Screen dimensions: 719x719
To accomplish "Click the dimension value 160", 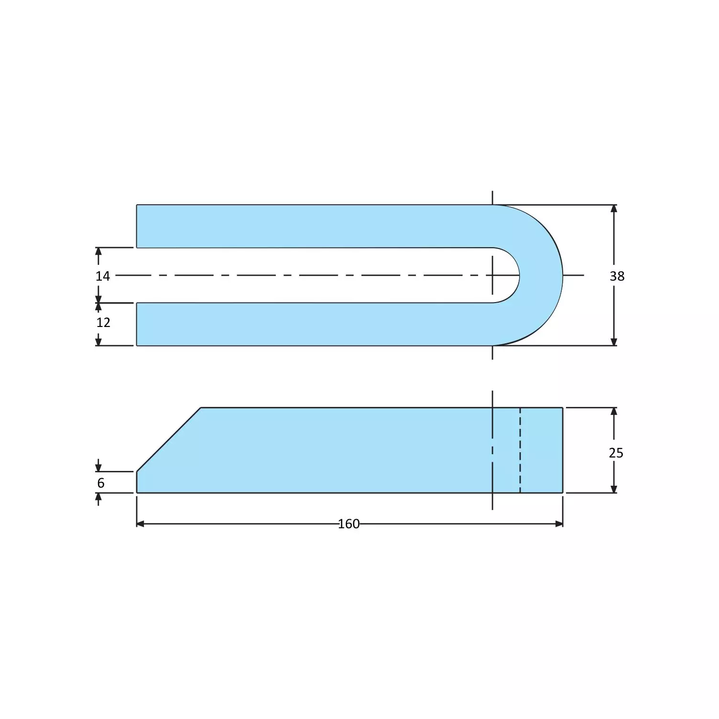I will coord(349,524).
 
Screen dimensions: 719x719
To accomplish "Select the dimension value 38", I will coord(617,276).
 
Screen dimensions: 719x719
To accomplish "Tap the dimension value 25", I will coord(616,453).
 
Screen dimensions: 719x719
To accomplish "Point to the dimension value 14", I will coord(103,276).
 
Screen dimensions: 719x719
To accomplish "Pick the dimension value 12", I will coord(103,323).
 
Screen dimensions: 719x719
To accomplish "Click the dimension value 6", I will coord(101,483).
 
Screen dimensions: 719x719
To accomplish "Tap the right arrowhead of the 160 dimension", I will coord(559,524).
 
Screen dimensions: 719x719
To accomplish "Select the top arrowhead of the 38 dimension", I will coord(614,208).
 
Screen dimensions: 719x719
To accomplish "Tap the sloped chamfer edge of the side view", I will coord(168,440).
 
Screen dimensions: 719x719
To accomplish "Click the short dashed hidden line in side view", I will coord(520,450).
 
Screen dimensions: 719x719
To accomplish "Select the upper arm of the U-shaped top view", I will coord(311,226).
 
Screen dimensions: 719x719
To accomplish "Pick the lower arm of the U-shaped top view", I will coord(311,324).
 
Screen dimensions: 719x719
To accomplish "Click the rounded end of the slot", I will coord(518,275).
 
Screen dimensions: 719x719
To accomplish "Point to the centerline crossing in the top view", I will coord(492,275).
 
